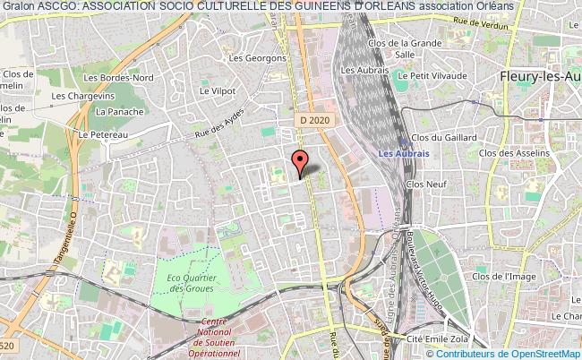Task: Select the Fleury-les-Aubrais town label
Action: point(536,78)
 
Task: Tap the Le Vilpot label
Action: point(217,90)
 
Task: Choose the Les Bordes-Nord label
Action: point(132,77)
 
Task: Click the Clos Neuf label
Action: point(426,183)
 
